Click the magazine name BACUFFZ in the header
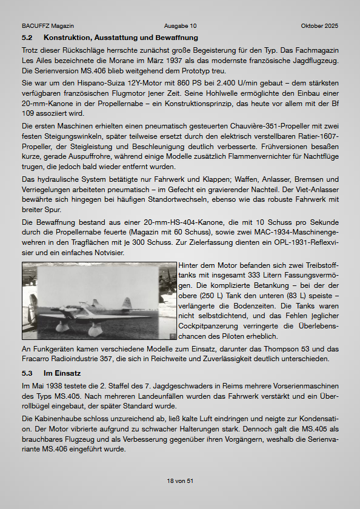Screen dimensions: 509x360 click(35, 26)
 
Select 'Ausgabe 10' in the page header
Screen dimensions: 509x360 click(180, 26)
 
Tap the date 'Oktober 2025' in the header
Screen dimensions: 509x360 click(319, 26)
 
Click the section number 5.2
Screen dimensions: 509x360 click(27, 38)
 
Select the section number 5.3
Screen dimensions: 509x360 click(27, 373)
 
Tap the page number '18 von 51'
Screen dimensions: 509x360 click(180, 481)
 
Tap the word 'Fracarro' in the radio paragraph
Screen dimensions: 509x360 click(36, 359)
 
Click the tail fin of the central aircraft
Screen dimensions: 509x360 click(127, 303)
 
